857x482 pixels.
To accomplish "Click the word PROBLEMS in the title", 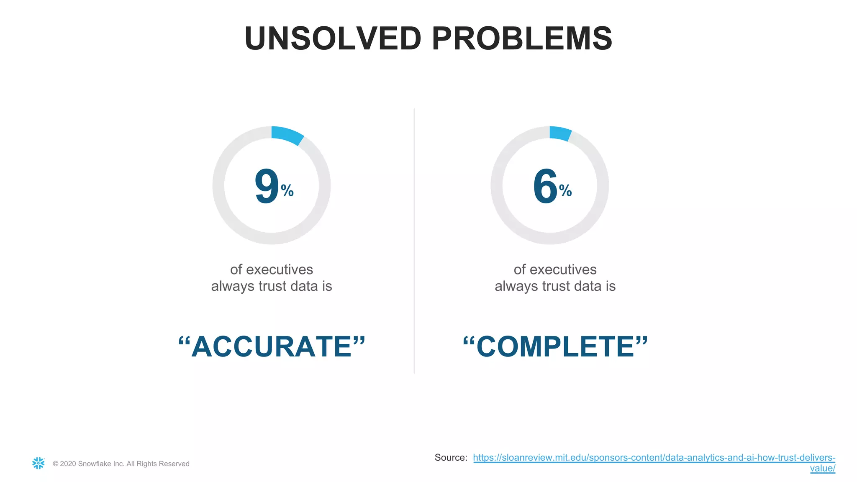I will coord(522,38).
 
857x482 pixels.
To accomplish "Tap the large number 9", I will coord(267,186).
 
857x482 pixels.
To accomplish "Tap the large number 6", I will coord(545,186).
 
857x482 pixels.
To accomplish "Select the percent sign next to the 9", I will coord(287,191).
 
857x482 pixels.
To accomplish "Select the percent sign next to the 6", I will coord(565,191).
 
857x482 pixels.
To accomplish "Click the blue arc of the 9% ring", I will coord(287,135).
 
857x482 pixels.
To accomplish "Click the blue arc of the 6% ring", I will coord(560,133).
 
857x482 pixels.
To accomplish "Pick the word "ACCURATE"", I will coord(272,347).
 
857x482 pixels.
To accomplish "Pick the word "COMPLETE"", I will coord(555,347).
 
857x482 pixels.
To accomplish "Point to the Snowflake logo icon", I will coord(38,463).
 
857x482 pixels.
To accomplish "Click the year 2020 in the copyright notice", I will coord(68,464).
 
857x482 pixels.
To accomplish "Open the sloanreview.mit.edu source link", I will coord(654,458).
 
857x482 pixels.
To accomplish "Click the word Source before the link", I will coord(450,458).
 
